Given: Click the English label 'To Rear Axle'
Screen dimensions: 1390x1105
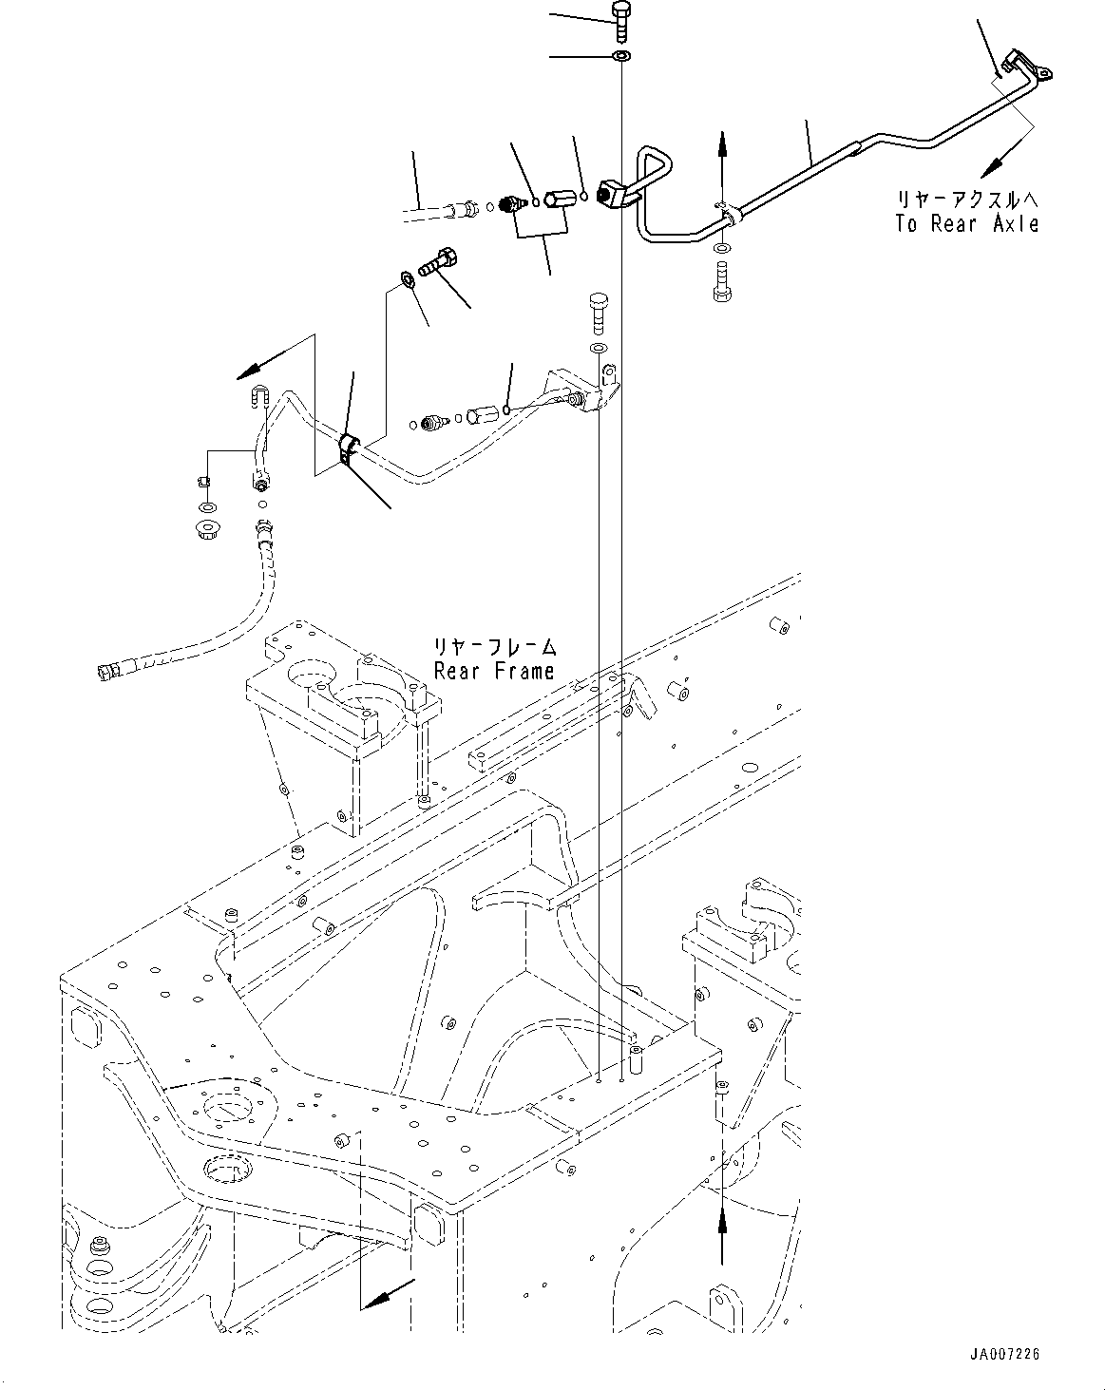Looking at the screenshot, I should pyautogui.click(x=966, y=224).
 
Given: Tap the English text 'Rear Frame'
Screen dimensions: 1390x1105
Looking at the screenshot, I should pyautogui.click(x=493, y=671).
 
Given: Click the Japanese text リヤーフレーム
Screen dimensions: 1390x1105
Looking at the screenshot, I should pyautogui.click(x=493, y=648).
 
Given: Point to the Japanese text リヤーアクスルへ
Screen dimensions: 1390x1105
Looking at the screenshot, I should pyautogui.click(x=966, y=200).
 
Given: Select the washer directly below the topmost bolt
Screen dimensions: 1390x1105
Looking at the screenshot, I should pyautogui.click(x=620, y=58).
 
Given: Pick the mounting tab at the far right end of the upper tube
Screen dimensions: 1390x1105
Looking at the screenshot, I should pyautogui.click(x=1038, y=71).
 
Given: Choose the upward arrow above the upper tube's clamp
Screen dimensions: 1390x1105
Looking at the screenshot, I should pyautogui.click(x=722, y=147).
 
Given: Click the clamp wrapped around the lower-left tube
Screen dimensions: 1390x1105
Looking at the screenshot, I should pyautogui.click(x=349, y=449).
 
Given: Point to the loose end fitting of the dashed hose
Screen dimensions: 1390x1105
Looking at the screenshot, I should pyautogui.click(x=103, y=673).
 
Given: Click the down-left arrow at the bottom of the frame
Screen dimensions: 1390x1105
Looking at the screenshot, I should pyautogui.click(x=391, y=1295).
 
